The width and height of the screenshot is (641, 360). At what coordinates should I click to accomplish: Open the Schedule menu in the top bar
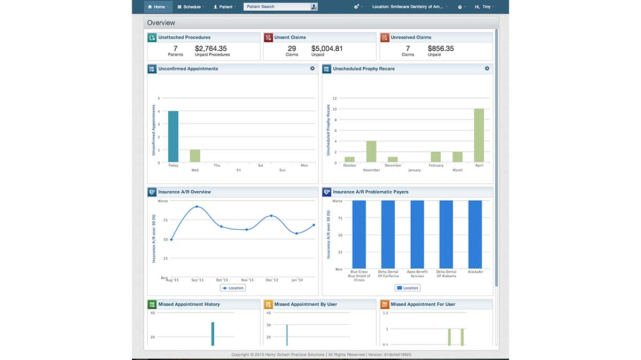(x=191, y=7)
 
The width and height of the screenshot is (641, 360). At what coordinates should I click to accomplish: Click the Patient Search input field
(x=277, y=7)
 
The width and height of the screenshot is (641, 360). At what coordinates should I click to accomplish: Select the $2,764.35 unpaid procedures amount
(x=210, y=49)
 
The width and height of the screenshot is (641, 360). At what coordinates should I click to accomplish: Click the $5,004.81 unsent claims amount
(x=327, y=49)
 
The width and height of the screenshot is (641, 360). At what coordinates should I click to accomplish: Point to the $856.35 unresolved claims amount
(x=441, y=49)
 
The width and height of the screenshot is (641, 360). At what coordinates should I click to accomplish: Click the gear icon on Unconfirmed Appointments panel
(x=312, y=68)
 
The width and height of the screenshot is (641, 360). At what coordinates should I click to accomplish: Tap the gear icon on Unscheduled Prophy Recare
(x=487, y=68)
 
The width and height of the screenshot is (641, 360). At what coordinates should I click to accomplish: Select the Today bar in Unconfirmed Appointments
(x=173, y=136)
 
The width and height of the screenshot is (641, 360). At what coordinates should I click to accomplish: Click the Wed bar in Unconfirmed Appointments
(x=195, y=155)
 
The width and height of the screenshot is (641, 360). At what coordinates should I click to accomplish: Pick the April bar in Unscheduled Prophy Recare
(x=479, y=135)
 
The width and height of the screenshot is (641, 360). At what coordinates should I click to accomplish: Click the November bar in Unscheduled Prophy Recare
(x=371, y=151)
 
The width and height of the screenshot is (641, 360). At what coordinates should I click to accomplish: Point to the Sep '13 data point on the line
(x=197, y=207)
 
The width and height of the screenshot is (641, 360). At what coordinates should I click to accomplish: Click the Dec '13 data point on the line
(x=271, y=216)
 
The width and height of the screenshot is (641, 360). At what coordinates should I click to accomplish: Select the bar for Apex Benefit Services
(x=417, y=234)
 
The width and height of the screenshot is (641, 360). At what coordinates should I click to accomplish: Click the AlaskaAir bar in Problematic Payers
(x=475, y=234)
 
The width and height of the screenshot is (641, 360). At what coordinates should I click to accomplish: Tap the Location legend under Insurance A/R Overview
(x=232, y=288)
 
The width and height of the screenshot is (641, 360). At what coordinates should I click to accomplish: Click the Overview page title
(x=161, y=23)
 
